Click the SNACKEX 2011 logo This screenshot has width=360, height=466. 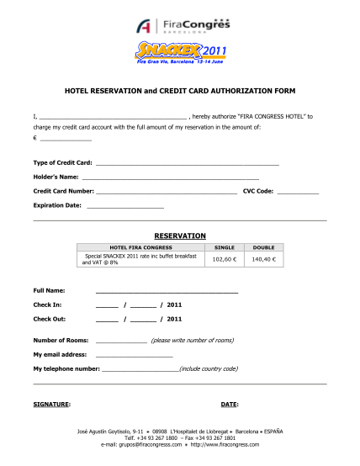click(180, 54)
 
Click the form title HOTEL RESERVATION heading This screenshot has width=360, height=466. click(180, 89)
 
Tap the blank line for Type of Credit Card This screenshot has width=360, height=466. click(187, 163)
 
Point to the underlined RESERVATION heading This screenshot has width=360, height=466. click(180, 236)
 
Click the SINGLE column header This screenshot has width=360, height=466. click(225, 248)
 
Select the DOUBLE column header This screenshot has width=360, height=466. click(263, 248)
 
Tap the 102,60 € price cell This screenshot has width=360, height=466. click(225, 260)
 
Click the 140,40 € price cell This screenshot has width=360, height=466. click(263, 260)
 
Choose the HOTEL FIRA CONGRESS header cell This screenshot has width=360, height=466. click(140, 248)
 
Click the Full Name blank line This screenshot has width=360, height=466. click(167, 291)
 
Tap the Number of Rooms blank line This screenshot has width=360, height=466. click(121, 342)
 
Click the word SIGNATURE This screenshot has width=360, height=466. click(51, 405)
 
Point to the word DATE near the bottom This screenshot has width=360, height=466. click(230, 405)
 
